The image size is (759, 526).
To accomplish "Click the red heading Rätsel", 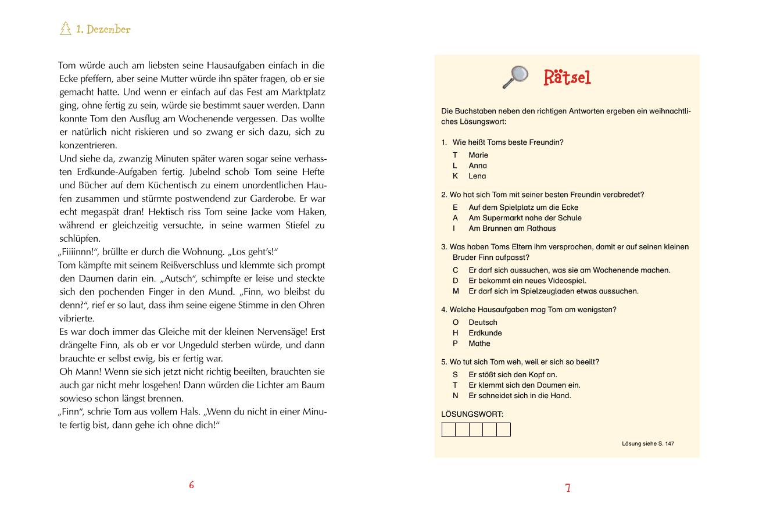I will pyautogui.click(x=567, y=77).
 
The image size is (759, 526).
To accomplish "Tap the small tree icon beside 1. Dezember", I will pyautogui.click(x=66, y=28).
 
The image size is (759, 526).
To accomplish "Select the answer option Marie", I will pyautogui.click(x=478, y=155).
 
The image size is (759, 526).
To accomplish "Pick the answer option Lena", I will pyautogui.click(x=477, y=176).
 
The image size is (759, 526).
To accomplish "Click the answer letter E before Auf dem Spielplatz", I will pyautogui.click(x=456, y=207).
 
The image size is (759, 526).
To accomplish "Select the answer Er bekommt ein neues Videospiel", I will pyautogui.click(x=527, y=281).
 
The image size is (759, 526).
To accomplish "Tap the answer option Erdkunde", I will pyautogui.click(x=485, y=333).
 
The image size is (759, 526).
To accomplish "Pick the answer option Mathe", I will pyautogui.click(x=479, y=343).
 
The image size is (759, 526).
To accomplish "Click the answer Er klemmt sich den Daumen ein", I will pyautogui.click(x=524, y=385).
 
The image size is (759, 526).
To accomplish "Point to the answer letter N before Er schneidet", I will pyautogui.click(x=456, y=396).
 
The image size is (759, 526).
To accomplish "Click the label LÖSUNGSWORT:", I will pyautogui.click(x=472, y=414).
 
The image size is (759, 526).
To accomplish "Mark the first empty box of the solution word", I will pyautogui.click(x=449, y=430).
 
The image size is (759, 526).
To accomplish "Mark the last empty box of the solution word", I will pyautogui.click(x=503, y=430).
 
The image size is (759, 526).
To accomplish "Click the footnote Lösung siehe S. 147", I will pyautogui.click(x=647, y=443).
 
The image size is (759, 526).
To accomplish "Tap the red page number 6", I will pyautogui.click(x=191, y=485).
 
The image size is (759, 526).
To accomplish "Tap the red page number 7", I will pyautogui.click(x=568, y=488).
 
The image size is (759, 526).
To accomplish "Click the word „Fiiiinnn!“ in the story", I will pyautogui.click(x=78, y=252).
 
